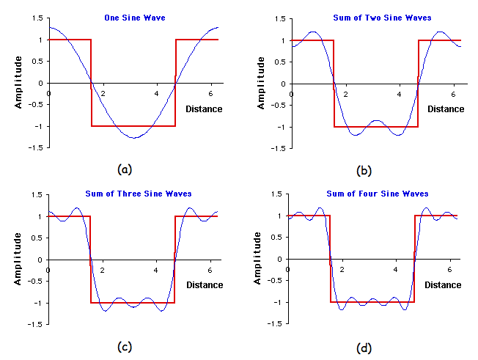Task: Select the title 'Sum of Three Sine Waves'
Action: pyautogui.click(x=137, y=194)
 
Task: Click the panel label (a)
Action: pyautogui.click(x=125, y=169)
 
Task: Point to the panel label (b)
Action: pyautogui.click(x=364, y=171)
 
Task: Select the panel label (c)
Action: pyautogui.click(x=125, y=346)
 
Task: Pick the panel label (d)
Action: pyautogui.click(x=364, y=346)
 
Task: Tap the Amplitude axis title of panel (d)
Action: pyautogui.click(x=259, y=260)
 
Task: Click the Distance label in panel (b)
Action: pyautogui.click(x=446, y=109)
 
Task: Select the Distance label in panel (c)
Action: pyautogui.click(x=205, y=284)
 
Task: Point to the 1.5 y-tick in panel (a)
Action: pyautogui.click(x=38, y=18)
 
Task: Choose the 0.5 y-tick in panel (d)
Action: pyautogui.click(x=279, y=238)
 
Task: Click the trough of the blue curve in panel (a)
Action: pyautogui.click(x=132, y=138)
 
